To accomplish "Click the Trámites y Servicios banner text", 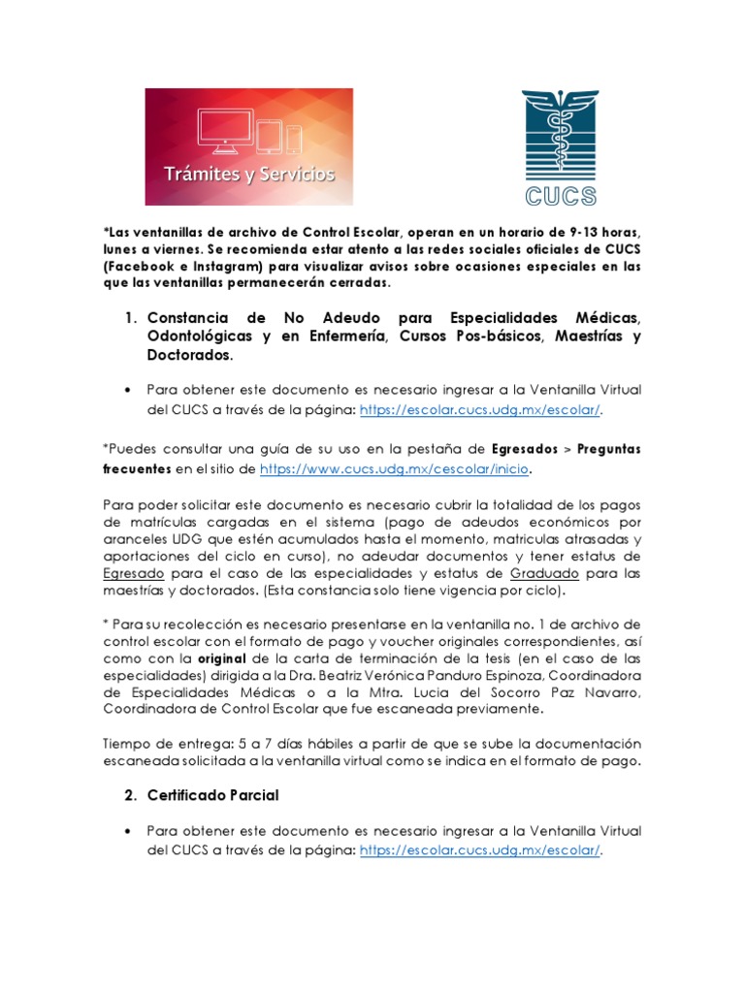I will pyautogui.click(x=249, y=175).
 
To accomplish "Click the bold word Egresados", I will pyautogui.click(x=524, y=451).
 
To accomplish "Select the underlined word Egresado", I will pyautogui.click(x=132, y=572).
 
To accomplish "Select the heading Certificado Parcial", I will pyautogui.click(x=213, y=795).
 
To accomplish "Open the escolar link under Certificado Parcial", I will pyautogui.click(x=480, y=850).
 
